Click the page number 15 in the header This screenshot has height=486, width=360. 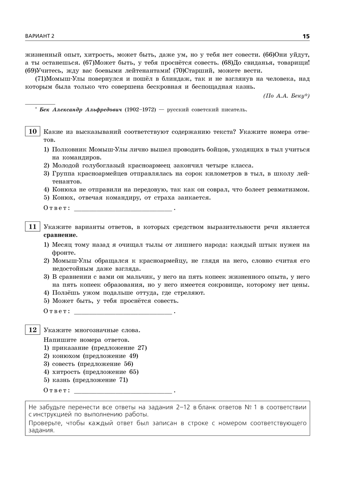click(x=306, y=36)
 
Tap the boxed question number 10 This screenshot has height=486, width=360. click(x=32, y=131)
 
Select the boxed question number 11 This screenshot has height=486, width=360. click(x=32, y=227)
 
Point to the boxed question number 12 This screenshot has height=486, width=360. click(x=32, y=330)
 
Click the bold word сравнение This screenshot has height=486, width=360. click(x=60, y=235)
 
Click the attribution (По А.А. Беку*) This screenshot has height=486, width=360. click(x=286, y=96)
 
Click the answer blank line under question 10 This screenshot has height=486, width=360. click(x=123, y=209)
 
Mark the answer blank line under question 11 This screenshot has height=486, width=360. click(x=123, y=312)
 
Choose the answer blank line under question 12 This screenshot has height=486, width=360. click(x=123, y=391)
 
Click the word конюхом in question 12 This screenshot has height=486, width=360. click(x=66, y=356)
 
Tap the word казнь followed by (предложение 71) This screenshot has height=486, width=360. click(x=61, y=380)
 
